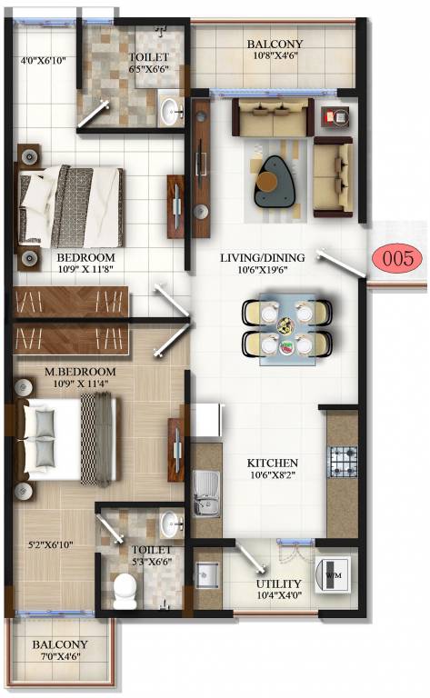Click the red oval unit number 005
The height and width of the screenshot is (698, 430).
(396, 258)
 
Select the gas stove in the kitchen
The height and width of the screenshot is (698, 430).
(343, 461)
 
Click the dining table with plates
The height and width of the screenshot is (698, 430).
(287, 328)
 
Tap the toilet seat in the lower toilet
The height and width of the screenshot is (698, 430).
(125, 590)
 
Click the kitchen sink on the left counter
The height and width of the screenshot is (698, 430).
(205, 492)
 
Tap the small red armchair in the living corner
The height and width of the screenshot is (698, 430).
(331, 116)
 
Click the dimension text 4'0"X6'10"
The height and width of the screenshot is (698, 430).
(42, 61)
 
